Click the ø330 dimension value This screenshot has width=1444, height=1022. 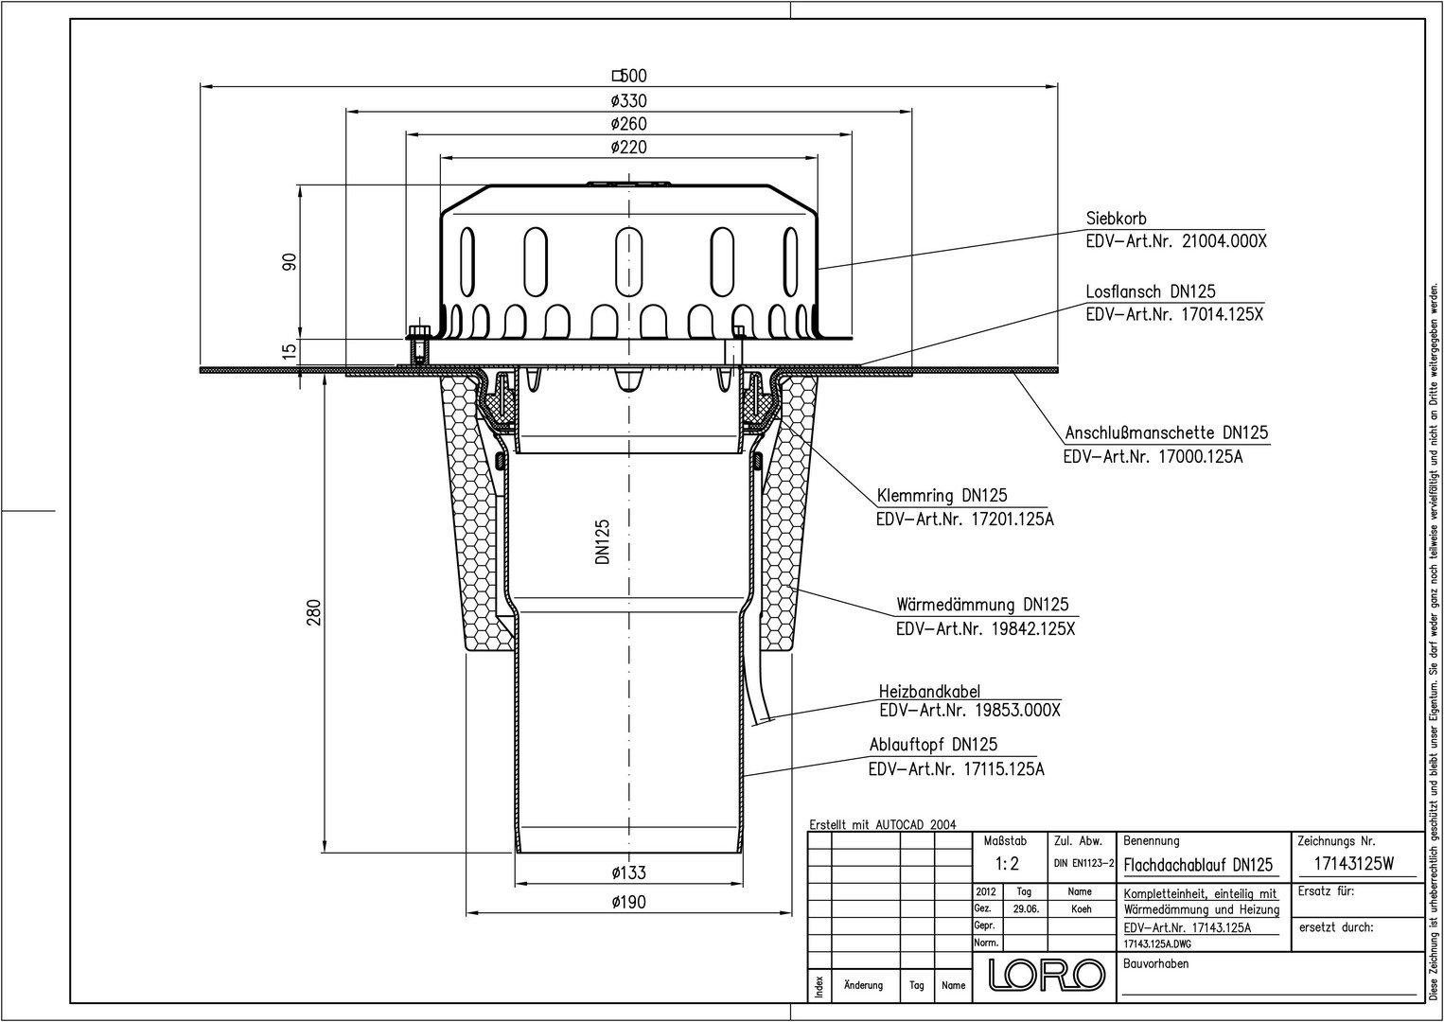tap(628, 101)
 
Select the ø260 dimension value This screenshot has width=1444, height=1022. tap(628, 124)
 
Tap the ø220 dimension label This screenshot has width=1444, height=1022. tap(628, 147)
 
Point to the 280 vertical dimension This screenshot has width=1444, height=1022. tap(313, 612)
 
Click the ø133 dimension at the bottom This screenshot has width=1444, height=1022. tap(628, 873)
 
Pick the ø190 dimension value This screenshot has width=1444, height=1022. tap(628, 902)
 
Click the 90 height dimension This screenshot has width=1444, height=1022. tap(291, 262)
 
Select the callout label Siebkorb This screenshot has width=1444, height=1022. tap(1117, 219)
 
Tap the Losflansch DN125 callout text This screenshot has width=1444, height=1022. tap(1151, 291)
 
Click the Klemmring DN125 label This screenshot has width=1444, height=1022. tap(942, 495)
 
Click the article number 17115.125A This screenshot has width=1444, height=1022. tap(1004, 769)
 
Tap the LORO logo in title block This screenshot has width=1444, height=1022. tap(1047, 975)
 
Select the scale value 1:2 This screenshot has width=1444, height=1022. tap(1007, 863)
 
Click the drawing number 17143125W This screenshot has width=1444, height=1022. tap(1354, 864)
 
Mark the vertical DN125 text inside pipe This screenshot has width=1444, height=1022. tap(603, 542)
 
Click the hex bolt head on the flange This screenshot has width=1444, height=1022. tap(419, 333)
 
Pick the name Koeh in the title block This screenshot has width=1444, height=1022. tap(1081, 909)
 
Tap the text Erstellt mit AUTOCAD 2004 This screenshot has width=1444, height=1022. tap(883, 824)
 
